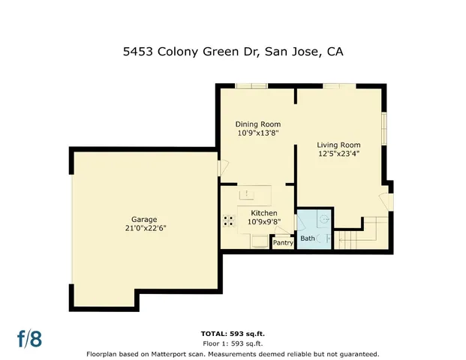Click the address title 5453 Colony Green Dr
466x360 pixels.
233,52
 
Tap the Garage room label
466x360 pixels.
145,219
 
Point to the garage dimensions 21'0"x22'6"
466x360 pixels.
145,228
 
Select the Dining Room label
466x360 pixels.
257,124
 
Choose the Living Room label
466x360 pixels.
338,145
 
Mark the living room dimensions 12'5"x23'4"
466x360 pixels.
338,154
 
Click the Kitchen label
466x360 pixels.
263,212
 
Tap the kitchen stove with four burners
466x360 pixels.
228,220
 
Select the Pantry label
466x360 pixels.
283,242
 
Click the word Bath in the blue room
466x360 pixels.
308,238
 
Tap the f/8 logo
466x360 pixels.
30,338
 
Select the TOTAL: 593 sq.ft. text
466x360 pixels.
233,333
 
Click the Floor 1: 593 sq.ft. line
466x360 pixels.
233,343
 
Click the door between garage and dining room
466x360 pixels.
218,169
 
